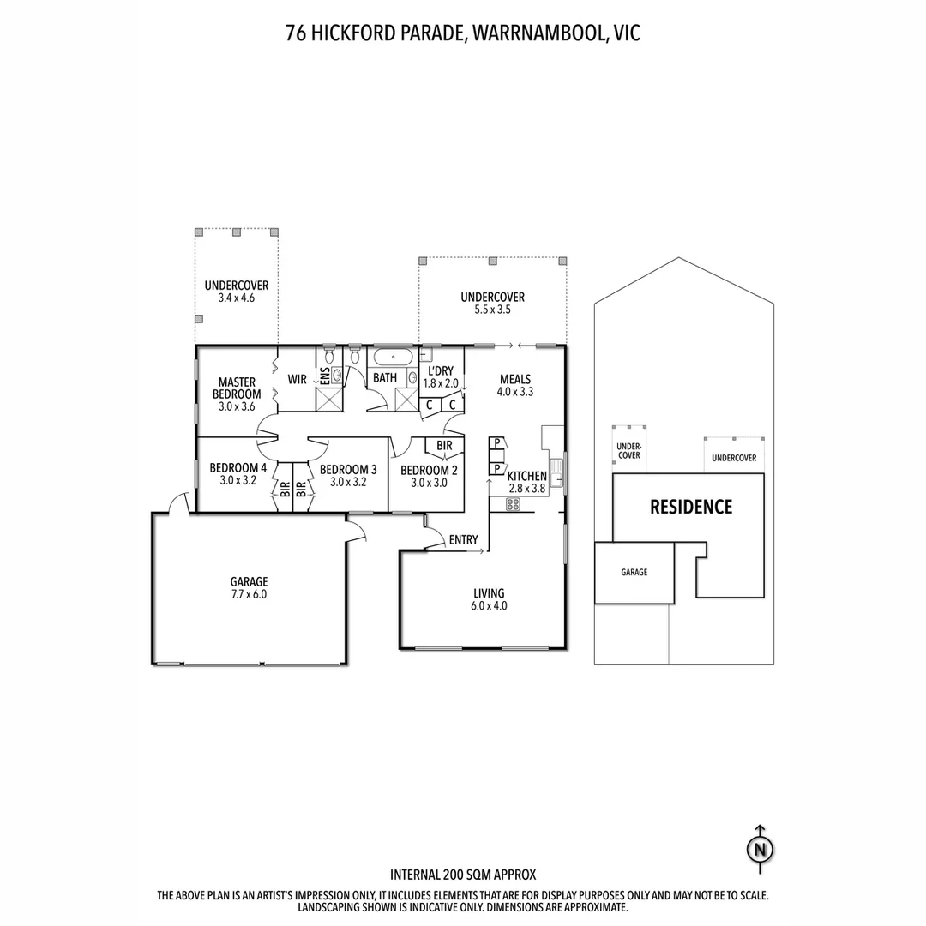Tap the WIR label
pyautogui.click(x=297, y=379)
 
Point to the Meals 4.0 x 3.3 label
pyautogui.click(x=514, y=386)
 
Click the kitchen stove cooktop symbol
pyautogui.click(x=513, y=504)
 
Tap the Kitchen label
pyautogui.click(x=526, y=477)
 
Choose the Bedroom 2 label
pyautogui.click(x=429, y=476)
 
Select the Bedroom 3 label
pyautogui.click(x=348, y=475)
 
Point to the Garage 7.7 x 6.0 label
pyautogui.click(x=249, y=587)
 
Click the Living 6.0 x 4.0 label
pyautogui.click(x=489, y=598)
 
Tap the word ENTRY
pyautogui.click(x=463, y=540)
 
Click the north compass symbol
pyautogui.click(x=759, y=849)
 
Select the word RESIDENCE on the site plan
pyautogui.click(x=691, y=507)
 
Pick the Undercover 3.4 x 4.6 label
pyautogui.click(x=237, y=292)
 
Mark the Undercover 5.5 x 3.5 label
pyautogui.click(x=492, y=304)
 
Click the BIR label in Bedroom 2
pyautogui.click(x=444, y=447)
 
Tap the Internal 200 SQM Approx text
pyautogui.click(x=463, y=875)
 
